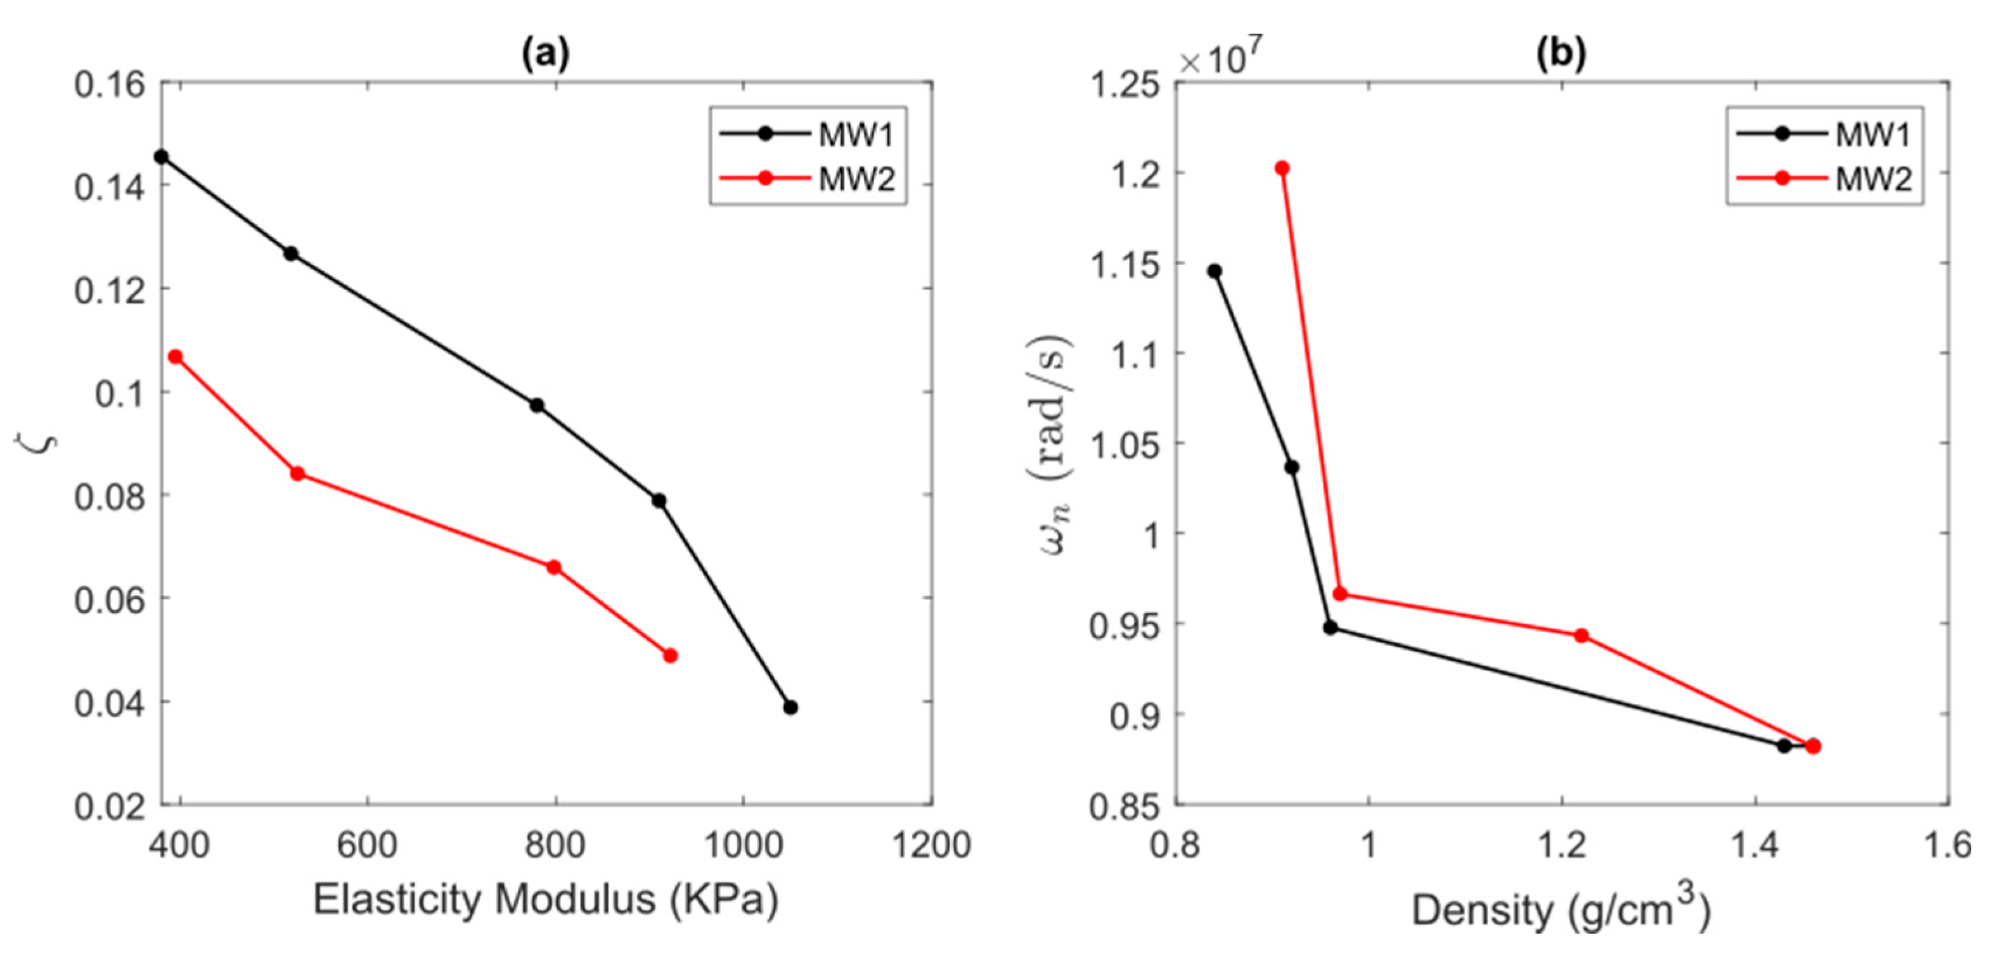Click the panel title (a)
coord(546,54)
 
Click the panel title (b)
coord(1561,54)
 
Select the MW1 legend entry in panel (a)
coord(855,135)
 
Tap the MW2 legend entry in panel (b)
coord(1872,180)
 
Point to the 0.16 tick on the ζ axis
coord(110,84)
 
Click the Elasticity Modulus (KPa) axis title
coord(546,899)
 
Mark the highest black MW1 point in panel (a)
coord(162,157)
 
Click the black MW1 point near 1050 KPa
coord(790,707)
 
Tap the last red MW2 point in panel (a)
coord(670,655)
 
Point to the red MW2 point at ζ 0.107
coord(176,357)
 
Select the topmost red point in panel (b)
coord(1282,169)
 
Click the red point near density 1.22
coord(1582,635)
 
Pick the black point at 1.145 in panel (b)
coord(1215,271)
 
